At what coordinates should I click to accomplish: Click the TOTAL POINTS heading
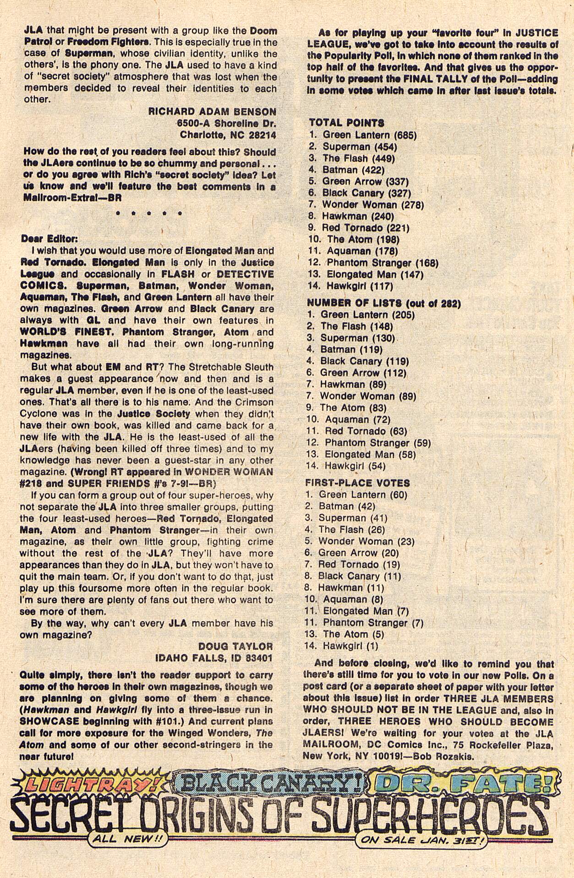[x=346, y=123]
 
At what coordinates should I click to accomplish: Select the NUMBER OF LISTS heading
[x=383, y=303]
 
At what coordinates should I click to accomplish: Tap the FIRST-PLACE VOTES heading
[x=357, y=483]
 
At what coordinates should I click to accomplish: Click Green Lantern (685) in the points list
[x=369, y=135]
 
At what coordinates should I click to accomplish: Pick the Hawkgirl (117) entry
[x=360, y=286]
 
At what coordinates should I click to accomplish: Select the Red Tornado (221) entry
[x=365, y=228]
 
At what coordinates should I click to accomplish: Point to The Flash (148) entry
[x=356, y=326]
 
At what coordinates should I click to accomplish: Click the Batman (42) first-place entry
[x=347, y=506]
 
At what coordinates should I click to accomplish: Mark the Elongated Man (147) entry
[x=375, y=274]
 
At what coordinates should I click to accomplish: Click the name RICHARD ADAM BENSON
[x=212, y=111]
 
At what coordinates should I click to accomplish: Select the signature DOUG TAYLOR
[x=235, y=646]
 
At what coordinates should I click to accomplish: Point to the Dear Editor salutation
[x=49, y=239]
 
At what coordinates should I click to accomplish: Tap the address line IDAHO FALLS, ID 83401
[x=214, y=658]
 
